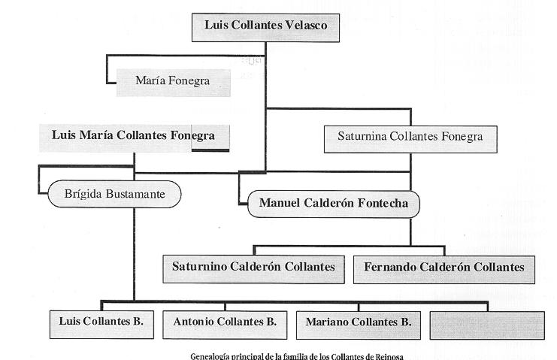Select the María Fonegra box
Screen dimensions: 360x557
click(173, 80)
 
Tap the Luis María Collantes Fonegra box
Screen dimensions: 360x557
click(134, 137)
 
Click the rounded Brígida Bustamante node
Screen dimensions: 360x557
click(115, 195)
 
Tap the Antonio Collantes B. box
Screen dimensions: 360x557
click(225, 322)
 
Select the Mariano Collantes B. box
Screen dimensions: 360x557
click(358, 323)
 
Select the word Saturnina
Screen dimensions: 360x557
click(363, 138)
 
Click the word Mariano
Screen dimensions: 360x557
click(329, 323)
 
